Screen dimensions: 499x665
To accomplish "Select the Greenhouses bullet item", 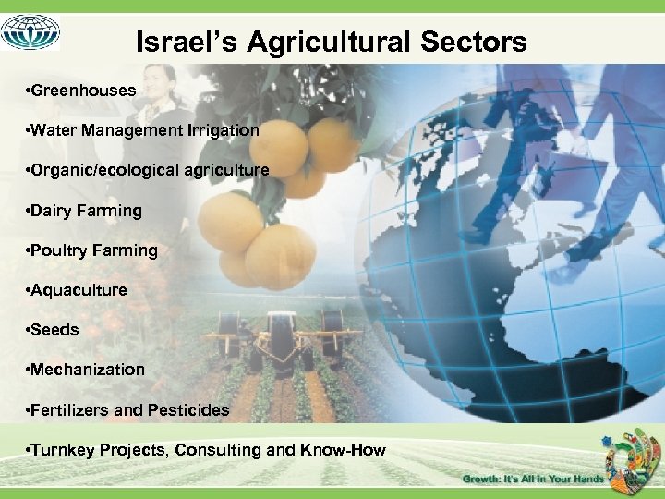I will click(83, 91).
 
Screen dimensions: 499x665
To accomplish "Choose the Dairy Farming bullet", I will click(86, 211).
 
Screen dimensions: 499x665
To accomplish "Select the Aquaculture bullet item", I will click(79, 290).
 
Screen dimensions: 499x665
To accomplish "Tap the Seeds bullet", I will click(54, 330).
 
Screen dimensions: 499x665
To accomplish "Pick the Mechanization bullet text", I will click(88, 370).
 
